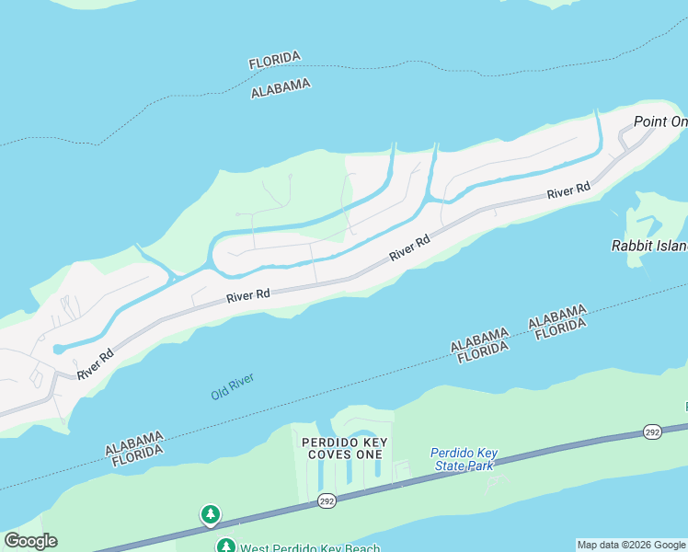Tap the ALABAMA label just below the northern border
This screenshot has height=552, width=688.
281,87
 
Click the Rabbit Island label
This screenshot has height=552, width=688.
649,246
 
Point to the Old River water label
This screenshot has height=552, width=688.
232,386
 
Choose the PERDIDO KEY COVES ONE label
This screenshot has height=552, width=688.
341,448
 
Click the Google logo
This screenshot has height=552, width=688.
30,541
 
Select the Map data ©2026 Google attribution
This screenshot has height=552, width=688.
631,545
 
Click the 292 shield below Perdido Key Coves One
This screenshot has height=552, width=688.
328,501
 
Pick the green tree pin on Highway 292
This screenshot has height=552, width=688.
211,513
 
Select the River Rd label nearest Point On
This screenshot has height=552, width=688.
568,191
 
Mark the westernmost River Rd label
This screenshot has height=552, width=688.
96,362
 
